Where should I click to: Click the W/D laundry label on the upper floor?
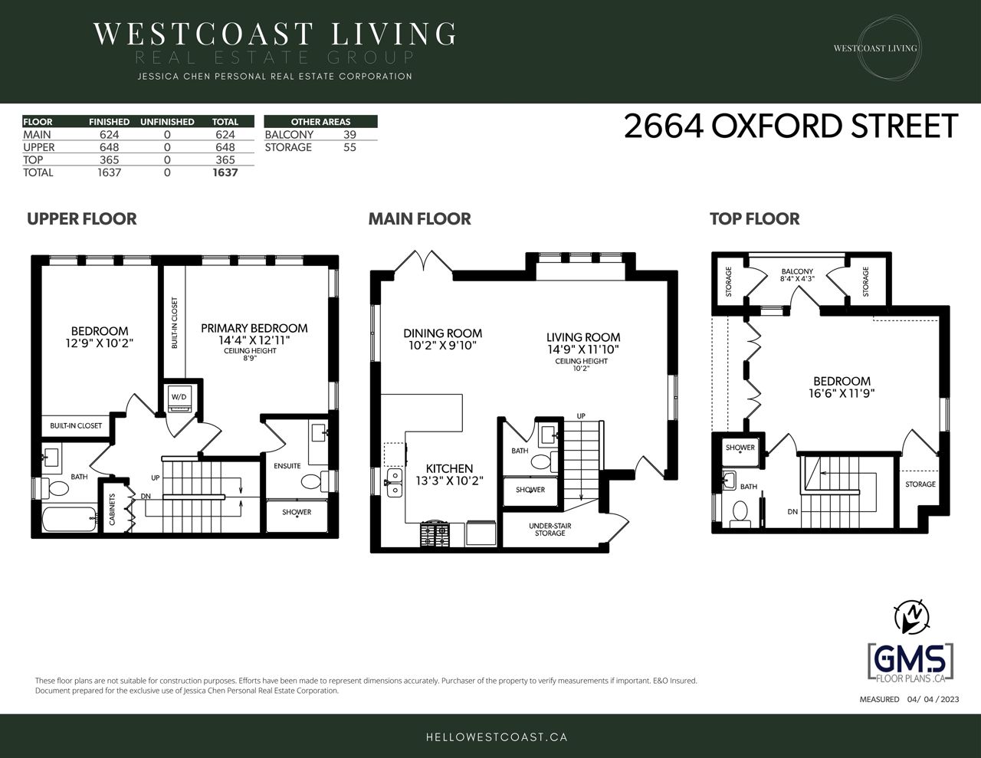[179, 397]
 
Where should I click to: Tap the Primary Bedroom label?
[254, 328]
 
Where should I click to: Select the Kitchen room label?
[449, 468]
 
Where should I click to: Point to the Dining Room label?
[442, 333]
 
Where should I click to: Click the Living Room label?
[583, 337]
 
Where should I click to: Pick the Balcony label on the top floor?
[797, 271]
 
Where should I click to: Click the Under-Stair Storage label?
[550, 530]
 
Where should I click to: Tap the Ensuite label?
[287, 466]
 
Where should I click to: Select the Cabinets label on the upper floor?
[113, 509]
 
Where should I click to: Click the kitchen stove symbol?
[435, 534]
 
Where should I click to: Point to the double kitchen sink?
[395, 483]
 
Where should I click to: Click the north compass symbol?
[911, 616]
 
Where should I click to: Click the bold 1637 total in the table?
[225, 172]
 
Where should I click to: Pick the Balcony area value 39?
[349, 135]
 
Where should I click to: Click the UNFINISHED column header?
[167, 122]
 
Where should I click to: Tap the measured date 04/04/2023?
[933, 699]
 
